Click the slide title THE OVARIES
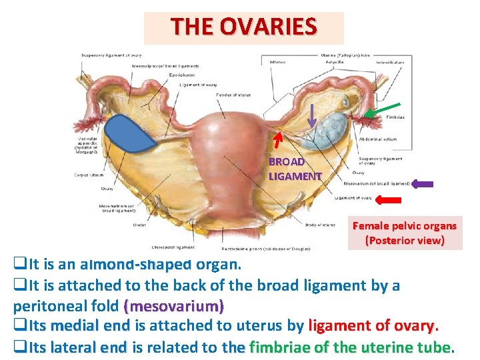(243, 27)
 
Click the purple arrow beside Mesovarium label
(422, 184)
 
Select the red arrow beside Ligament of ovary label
(388, 199)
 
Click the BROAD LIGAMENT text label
(295, 169)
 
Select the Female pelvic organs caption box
(405, 233)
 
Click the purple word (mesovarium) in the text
(174, 307)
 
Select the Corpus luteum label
(88, 175)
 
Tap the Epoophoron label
(181, 75)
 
